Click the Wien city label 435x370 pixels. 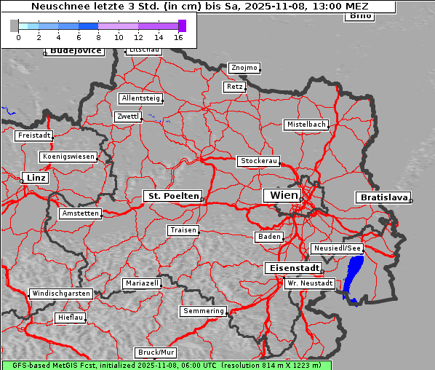(x=284, y=195)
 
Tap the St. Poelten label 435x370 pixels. (x=172, y=196)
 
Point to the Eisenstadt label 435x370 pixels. (x=291, y=268)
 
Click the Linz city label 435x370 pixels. (x=35, y=178)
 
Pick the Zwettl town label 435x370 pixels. (x=127, y=117)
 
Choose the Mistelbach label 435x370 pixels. (x=306, y=125)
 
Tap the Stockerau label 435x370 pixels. (x=258, y=161)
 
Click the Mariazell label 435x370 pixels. (x=141, y=283)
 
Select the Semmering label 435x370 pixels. (x=204, y=311)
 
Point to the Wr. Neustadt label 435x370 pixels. (x=310, y=283)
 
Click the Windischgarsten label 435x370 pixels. (x=60, y=294)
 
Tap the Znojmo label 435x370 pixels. (x=244, y=68)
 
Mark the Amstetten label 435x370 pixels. (x=80, y=213)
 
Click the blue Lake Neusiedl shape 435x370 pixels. (x=354, y=280)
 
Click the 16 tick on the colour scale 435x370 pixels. (x=178, y=36)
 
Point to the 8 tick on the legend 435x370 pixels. (x=98, y=36)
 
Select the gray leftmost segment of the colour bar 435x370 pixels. (x=14, y=25)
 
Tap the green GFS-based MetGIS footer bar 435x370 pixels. (x=166, y=365)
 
